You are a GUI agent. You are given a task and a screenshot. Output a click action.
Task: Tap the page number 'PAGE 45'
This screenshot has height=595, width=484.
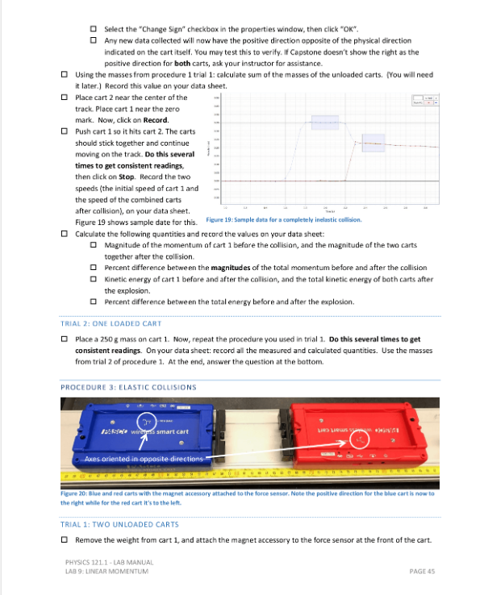[x=422, y=571]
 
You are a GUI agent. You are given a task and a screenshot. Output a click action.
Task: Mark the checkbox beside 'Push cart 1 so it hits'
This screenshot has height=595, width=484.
[x=65, y=131]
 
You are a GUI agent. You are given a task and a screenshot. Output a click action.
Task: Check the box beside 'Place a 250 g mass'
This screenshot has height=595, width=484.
[x=65, y=339]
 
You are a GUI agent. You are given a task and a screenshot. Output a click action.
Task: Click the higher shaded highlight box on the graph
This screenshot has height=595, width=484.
[x=324, y=122]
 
